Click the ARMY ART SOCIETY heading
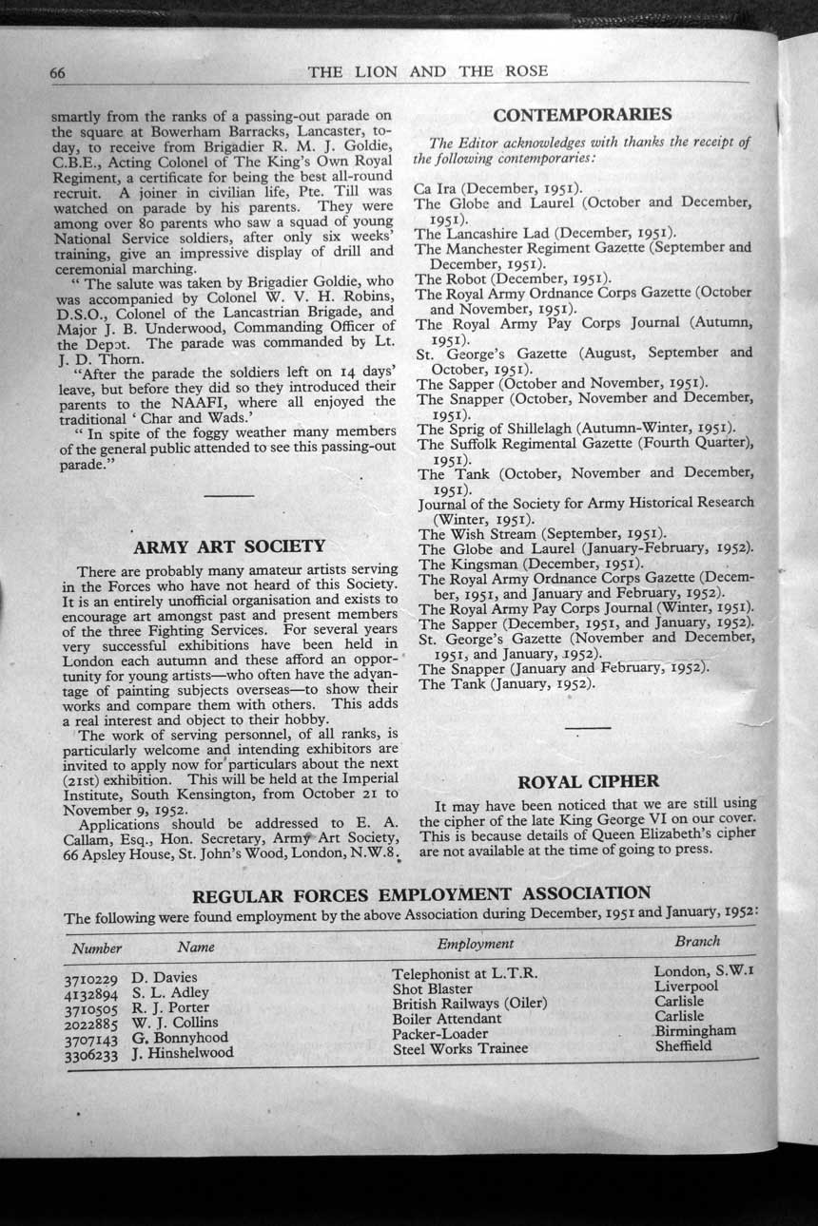(x=229, y=546)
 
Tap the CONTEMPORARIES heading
(x=582, y=115)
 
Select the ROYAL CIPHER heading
(x=588, y=781)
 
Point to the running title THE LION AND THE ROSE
(x=428, y=72)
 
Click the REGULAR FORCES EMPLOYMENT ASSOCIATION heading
(x=421, y=894)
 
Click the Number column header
(x=96, y=948)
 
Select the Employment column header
(x=475, y=944)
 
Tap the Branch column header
(x=697, y=941)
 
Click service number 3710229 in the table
(x=91, y=978)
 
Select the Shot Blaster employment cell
(x=432, y=988)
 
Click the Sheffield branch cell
(x=683, y=1046)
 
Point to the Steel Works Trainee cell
(x=460, y=1049)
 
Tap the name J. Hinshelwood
(x=183, y=1053)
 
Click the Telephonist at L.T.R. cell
(x=465, y=973)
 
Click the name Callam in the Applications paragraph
(x=79, y=836)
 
